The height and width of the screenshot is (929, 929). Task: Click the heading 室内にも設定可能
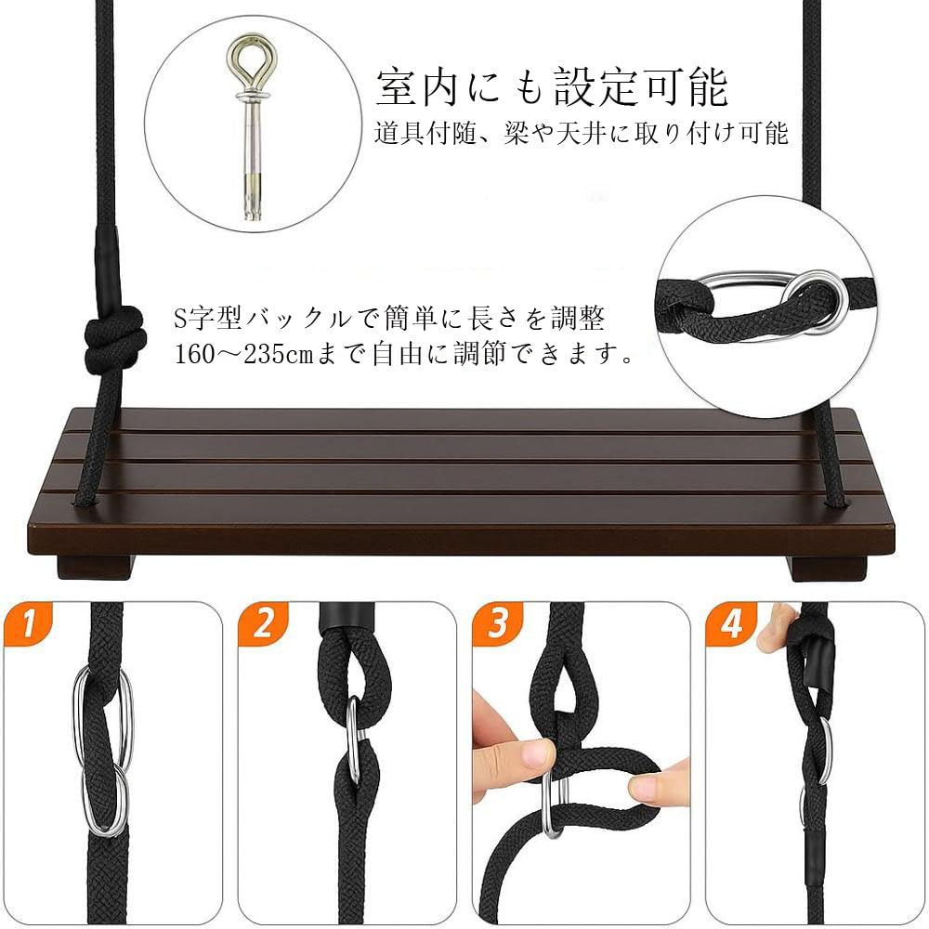point(552,88)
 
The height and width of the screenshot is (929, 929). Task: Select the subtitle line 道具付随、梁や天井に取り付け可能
point(582,133)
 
